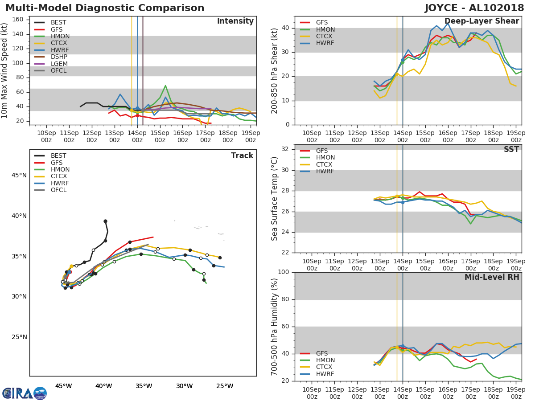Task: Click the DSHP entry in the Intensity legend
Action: click(x=59, y=57)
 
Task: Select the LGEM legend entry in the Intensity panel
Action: click(x=59, y=64)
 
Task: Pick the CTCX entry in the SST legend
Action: click(x=325, y=164)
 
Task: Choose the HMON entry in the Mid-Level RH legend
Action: click(x=325, y=360)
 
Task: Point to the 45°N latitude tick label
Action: click(x=19, y=175)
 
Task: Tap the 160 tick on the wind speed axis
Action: click(x=17, y=20)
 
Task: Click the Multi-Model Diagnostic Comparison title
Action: click(x=105, y=8)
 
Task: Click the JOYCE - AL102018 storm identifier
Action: click(x=474, y=8)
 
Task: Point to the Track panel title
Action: click(x=242, y=155)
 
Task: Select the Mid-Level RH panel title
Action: click(x=492, y=277)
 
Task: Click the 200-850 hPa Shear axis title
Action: click(x=275, y=71)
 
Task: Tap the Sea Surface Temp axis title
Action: click(x=275, y=199)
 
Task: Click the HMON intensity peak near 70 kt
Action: click(x=165, y=86)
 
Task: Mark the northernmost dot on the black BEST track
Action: click(x=105, y=221)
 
